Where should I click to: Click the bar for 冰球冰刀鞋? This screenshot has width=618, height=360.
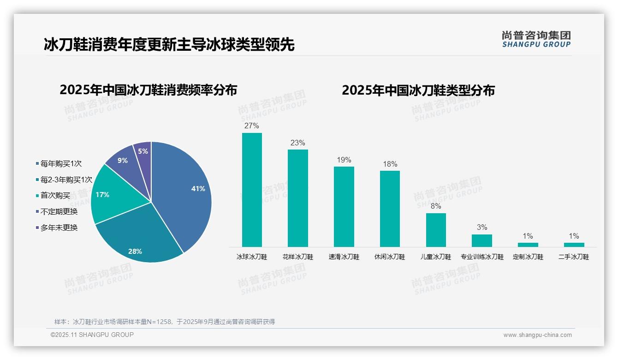pyautogui.click(x=252, y=190)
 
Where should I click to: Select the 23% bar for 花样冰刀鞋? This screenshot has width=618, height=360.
pyautogui.click(x=297, y=198)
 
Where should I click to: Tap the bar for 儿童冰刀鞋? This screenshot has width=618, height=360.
pyautogui.click(x=436, y=230)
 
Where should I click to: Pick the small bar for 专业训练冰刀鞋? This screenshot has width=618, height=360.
pyautogui.click(x=481, y=240)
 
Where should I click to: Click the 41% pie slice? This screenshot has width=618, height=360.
pyautogui.click(x=184, y=189)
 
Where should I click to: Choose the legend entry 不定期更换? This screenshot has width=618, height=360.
pyautogui.click(x=59, y=211)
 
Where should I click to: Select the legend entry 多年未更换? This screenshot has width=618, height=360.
pyautogui.click(x=59, y=228)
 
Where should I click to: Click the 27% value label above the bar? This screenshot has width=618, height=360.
pyautogui.click(x=252, y=126)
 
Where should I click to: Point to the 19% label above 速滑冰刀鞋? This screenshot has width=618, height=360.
pyautogui.click(x=344, y=160)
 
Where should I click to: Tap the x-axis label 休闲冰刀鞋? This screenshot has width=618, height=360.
pyautogui.click(x=390, y=257)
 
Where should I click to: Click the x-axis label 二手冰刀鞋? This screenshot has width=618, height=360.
pyautogui.click(x=574, y=257)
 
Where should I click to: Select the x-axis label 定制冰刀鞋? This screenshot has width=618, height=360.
pyautogui.click(x=528, y=257)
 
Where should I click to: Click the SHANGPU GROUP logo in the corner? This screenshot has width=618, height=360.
pyautogui.click(x=536, y=39)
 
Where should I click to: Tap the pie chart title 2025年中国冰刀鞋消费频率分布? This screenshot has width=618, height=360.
pyautogui.click(x=148, y=90)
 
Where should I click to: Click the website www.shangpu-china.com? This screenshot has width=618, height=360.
pyautogui.click(x=537, y=335)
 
